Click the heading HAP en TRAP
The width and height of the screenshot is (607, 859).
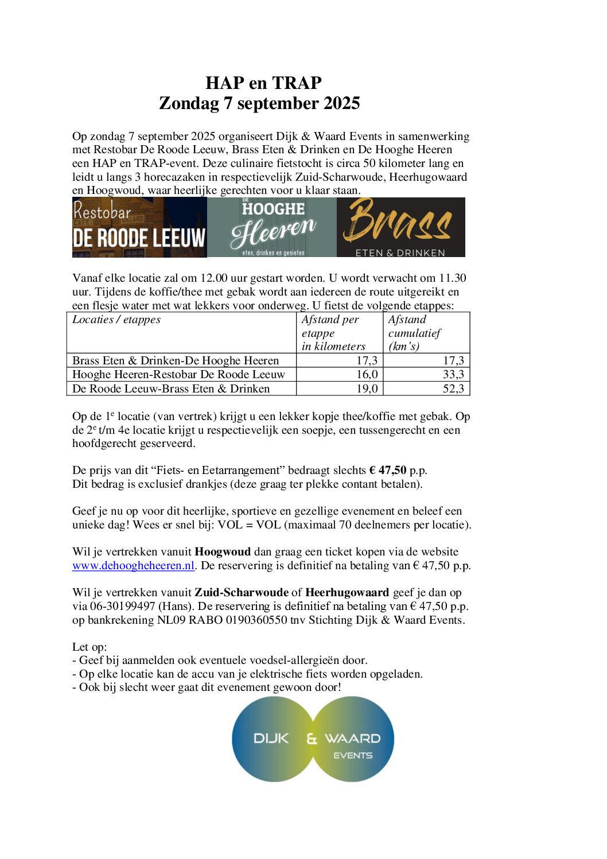[x=263, y=83]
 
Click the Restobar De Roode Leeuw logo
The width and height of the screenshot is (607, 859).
[x=139, y=227]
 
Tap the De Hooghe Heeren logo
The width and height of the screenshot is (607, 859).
[x=272, y=227]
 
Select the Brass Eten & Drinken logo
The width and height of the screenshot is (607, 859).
[x=400, y=227]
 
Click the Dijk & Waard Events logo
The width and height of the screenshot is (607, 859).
[x=313, y=739]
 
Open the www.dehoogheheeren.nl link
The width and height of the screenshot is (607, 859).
[x=134, y=566]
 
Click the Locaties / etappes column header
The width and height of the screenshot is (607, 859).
[x=116, y=320]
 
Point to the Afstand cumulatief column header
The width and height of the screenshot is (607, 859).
[x=414, y=333]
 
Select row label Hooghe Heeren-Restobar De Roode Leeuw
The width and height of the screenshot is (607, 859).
[x=178, y=375]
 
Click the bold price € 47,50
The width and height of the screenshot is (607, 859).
[x=388, y=471]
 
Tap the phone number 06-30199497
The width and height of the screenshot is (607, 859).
[x=123, y=607]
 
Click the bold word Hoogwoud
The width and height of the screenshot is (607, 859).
[x=223, y=552]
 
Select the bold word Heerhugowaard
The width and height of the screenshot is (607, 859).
[x=347, y=593]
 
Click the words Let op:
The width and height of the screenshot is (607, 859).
[x=90, y=647]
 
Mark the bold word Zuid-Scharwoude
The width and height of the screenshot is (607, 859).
[x=241, y=593]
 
